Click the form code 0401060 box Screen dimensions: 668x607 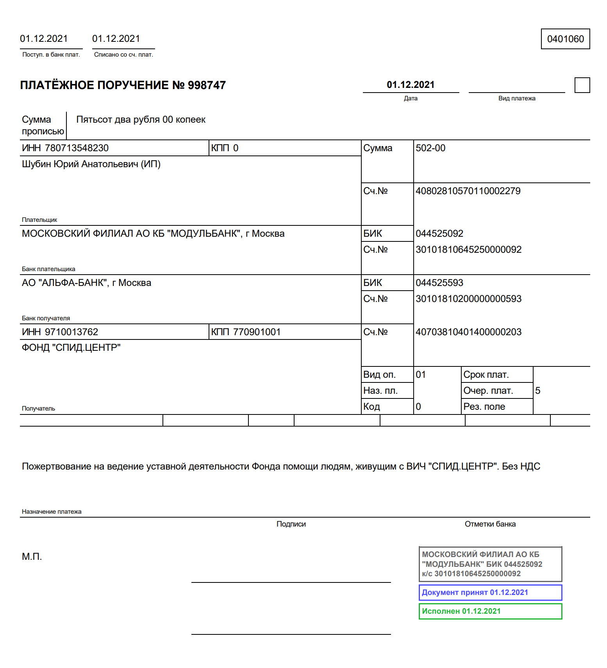565,39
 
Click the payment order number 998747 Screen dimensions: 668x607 207,85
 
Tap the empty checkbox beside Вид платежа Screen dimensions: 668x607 582,85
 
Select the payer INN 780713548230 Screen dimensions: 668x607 77,148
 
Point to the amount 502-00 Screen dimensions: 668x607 430,148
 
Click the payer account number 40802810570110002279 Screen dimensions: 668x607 468,191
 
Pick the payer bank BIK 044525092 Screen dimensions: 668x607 439,234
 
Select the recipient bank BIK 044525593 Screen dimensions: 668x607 439,283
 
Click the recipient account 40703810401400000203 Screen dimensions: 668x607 468,332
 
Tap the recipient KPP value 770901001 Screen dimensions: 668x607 257,332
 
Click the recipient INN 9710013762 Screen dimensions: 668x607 71,332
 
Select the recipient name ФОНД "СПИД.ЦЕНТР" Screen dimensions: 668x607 71,348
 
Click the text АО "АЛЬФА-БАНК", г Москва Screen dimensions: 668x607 86,283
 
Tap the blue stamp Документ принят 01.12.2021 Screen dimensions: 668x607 490,593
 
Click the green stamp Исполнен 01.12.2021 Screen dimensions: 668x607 490,611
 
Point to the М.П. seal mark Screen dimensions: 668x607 32,557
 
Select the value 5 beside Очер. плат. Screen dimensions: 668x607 538,391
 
